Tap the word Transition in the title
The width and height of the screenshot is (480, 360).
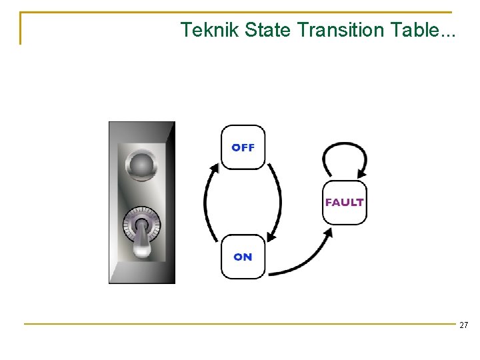337,30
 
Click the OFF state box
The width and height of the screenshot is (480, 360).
243,147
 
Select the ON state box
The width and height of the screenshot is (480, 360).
243,257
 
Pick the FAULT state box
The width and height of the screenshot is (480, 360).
344,202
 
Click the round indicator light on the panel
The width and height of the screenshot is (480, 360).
141,163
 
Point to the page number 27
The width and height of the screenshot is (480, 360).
463,325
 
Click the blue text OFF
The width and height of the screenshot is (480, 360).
243,147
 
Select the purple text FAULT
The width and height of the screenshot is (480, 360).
344,202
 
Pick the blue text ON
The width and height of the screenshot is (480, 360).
243,257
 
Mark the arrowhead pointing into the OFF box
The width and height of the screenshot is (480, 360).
215,167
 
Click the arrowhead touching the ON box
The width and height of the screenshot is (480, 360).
270,236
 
